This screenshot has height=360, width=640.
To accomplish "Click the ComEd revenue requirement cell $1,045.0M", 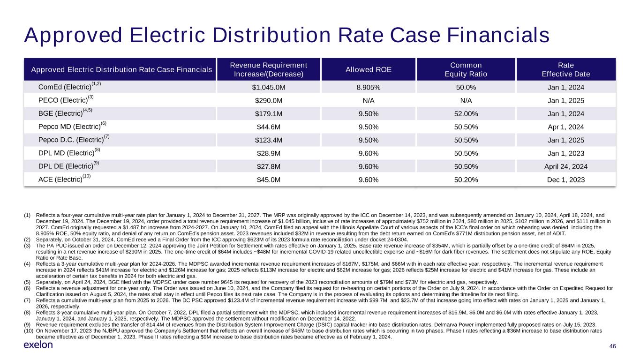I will tap(269, 87).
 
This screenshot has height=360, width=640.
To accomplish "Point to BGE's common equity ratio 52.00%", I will tap(466, 113).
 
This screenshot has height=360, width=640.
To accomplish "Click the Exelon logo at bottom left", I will tap(38, 345).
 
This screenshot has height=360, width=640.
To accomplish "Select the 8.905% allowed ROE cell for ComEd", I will tap(368, 87).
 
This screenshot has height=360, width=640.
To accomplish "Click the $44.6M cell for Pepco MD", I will tap(269, 127).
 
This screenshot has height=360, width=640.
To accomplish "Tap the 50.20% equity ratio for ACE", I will tap(466, 180).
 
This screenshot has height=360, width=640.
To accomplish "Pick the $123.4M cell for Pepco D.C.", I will tap(269, 140).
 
